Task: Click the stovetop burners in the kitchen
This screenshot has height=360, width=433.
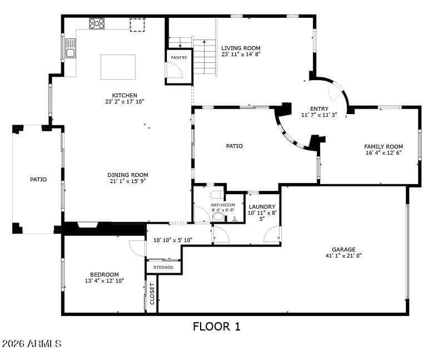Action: (97, 23)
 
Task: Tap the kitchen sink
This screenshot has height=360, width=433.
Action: (71, 48)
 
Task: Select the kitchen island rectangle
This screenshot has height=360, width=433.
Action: (118, 67)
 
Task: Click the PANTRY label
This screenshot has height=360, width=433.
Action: (179, 57)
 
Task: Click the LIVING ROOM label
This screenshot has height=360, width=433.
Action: (241, 48)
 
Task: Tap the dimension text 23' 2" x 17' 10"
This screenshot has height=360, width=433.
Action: (125, 101)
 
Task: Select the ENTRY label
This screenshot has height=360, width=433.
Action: (319, 109)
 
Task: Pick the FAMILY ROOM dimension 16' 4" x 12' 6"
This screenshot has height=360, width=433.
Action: (384, 152)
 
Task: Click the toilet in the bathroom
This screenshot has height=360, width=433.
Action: (217, 195)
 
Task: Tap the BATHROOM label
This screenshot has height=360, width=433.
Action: (223, 205)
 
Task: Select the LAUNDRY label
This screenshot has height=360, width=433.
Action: (262, 206)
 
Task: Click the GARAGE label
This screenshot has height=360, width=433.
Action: (344, 249)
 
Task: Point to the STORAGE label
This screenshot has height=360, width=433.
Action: (163, 268)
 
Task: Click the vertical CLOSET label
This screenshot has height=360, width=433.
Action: (152, 294)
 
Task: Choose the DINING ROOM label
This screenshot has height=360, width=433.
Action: (128, 175)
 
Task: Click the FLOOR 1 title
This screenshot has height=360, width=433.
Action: (217, 327)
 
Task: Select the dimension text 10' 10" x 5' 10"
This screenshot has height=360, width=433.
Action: (173, 240)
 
